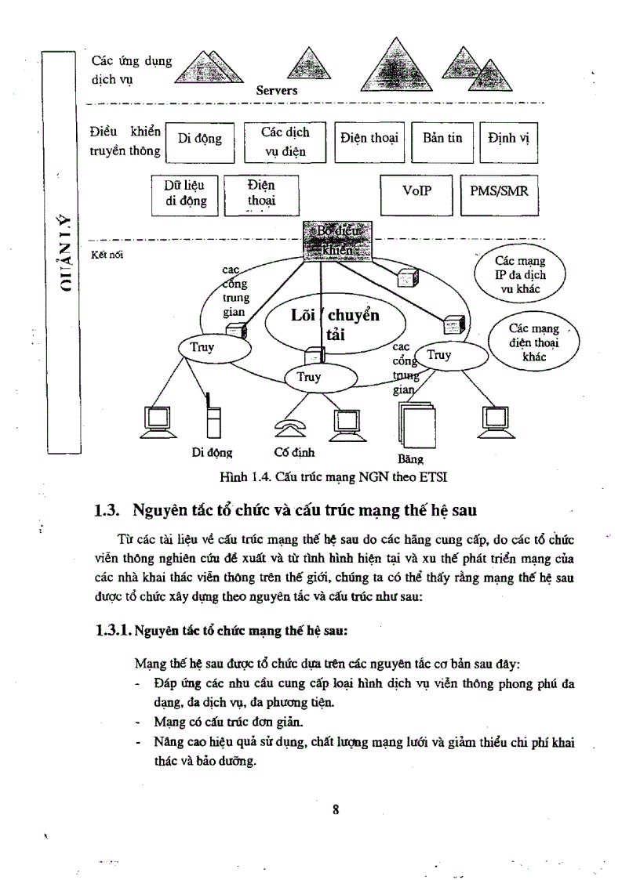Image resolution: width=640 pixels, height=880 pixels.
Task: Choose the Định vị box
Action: click(508, 141)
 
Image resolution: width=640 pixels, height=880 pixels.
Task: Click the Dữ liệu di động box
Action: click(186, 194)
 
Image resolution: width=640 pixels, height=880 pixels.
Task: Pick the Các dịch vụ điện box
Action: click(284, 142)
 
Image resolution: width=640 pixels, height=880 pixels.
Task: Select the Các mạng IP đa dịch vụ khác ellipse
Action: click(520, 275)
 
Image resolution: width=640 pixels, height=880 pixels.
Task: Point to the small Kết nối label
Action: click(107, 254)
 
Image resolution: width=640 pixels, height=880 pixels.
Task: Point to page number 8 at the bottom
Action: click(335, 810)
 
